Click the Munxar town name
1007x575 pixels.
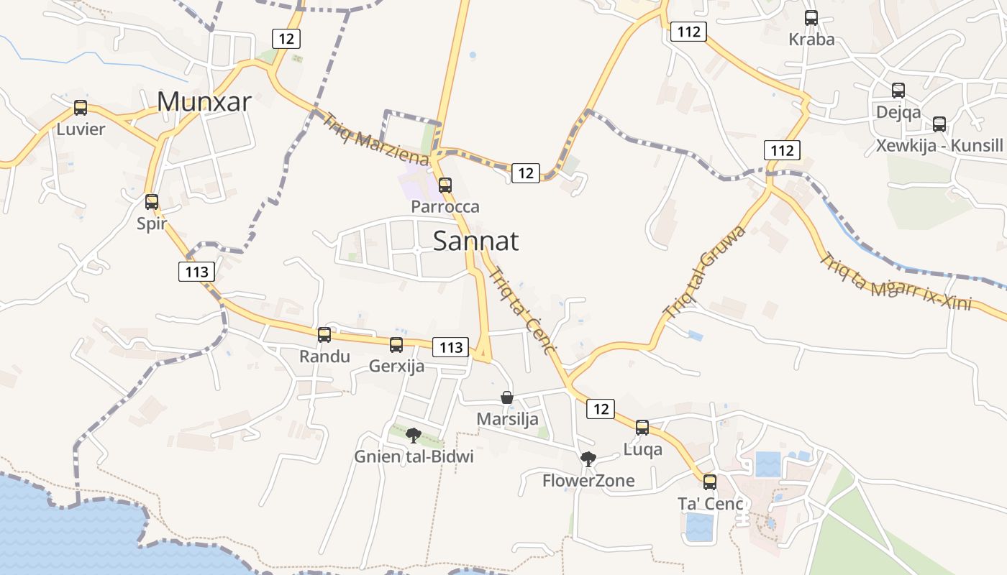click(x=204, y=102)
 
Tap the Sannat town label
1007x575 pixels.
click(x=475, y=241)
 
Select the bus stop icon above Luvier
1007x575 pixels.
click(x=81, y=108)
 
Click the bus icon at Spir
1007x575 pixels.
click(x=152, y=202)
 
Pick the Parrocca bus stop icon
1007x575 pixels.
click(x=445, y=185)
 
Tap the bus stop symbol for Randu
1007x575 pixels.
click(x=324, y=335)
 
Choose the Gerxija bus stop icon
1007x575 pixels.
click(x=396, y=345)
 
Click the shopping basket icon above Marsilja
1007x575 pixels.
click(x=507, y=397)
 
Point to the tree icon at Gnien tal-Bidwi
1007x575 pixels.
click(x=413, y=435)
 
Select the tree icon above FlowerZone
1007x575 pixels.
click(x=588, y=459)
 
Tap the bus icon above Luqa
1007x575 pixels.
click(x=642, y=428)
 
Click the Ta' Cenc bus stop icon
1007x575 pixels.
click(x=710, y=482)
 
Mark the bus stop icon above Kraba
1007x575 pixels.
click(x=811, y=18)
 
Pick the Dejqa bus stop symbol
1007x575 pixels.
click(x=898, y=91)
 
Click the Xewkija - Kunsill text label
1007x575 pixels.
click(x=939, y=146)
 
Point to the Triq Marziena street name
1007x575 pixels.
click(x=376, y=139)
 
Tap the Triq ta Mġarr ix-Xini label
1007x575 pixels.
click(x=896, y=282)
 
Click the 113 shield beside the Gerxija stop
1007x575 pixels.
click(x=451, y=348)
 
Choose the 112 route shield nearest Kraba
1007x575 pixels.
click(x=688, y=32)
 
